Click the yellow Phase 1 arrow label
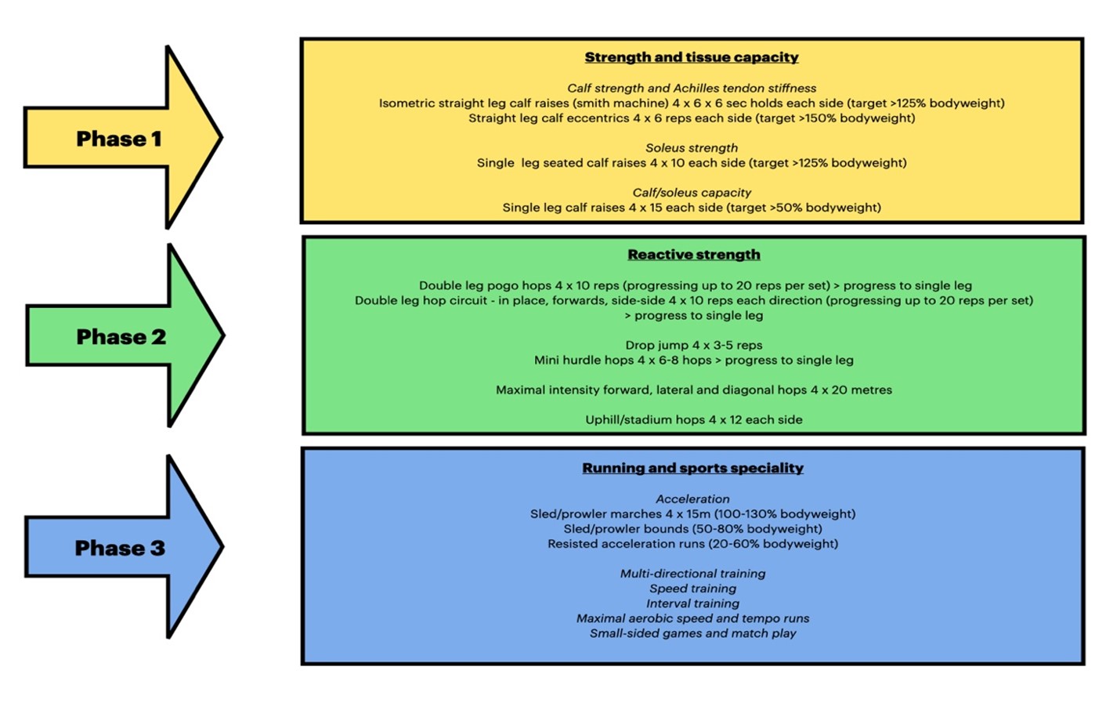point(119,139)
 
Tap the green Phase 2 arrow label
point(121,336)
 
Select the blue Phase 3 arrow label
point(120,548)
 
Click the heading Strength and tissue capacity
point(691,57)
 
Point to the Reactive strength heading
point(694,255)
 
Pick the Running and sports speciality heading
point(692,468)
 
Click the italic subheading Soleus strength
point(692,147)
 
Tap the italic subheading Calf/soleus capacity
point(692,193)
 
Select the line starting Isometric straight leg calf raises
point(692,103)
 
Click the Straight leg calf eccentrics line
point(692,118)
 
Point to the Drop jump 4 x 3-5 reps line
point(694,345)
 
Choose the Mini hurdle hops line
point(694,360)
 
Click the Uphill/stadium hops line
point(694,419)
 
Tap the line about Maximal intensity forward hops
point(694,390)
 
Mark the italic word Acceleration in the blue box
point(692,498)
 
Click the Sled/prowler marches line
point(692,514)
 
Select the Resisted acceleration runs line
point(692,544)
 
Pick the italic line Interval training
point(692,603)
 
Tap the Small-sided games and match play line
point(692,633)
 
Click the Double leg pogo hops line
point(695,285)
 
